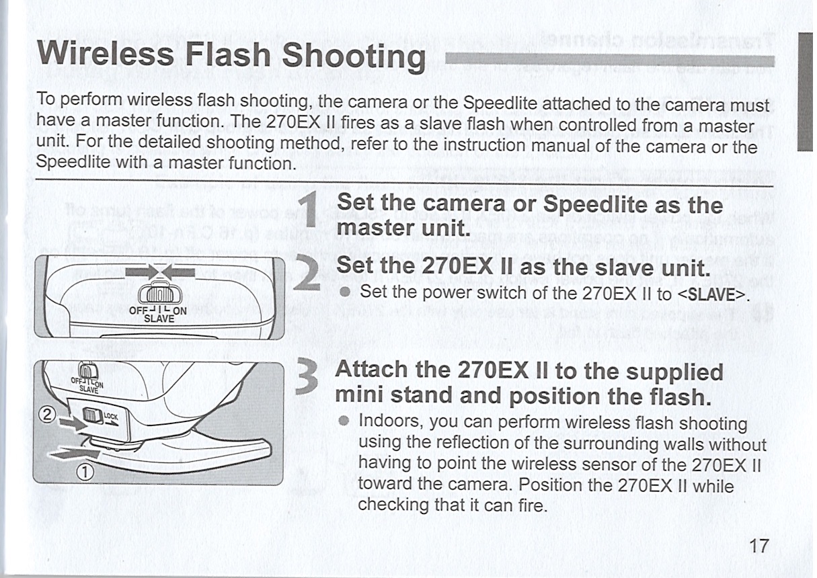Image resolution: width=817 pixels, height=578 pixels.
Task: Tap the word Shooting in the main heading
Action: coord(354,56)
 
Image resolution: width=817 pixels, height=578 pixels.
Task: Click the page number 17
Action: coord(757,545)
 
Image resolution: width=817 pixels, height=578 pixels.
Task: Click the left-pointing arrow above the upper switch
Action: coord(180,272)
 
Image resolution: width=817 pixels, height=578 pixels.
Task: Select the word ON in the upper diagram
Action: coord(178,311)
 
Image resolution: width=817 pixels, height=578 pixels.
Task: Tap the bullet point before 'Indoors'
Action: coord(344,423)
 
